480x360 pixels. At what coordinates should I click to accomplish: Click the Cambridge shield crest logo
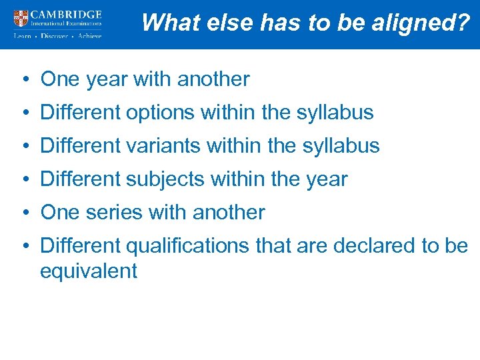(x=21, y=19)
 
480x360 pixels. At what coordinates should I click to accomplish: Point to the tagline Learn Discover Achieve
(x=57, y=36)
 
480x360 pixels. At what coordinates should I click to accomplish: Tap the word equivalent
(x=89, y=271)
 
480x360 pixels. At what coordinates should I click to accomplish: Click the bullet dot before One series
(x=23, y=213)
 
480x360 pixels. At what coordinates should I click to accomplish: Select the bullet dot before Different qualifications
(x=23, y=247)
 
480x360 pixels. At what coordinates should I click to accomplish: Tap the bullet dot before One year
(x=23, y=80)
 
